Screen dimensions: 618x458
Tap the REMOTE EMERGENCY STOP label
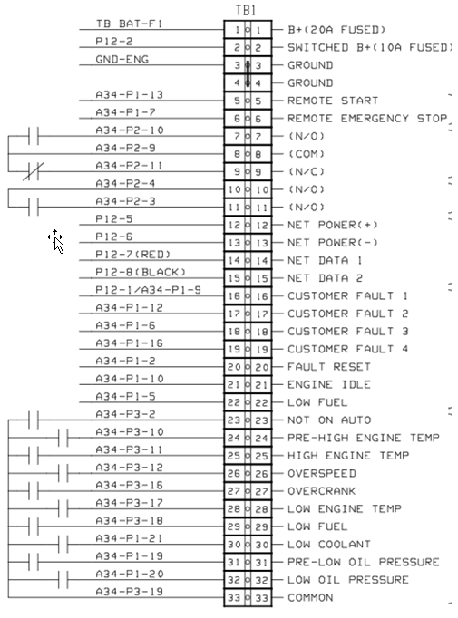click(x=367, y=119)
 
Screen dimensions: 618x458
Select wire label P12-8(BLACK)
click(x=141, y=272)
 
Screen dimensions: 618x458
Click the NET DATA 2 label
click(x=325, y=278)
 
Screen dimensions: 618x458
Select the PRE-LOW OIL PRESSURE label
click(x=364, y=562)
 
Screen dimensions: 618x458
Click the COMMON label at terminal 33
click(x=310, y=597)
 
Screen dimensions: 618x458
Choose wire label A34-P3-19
click(x=130, y=591)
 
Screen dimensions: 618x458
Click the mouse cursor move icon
click(x=56, y=240)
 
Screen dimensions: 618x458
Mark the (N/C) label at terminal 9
click(x=307, y=171)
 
